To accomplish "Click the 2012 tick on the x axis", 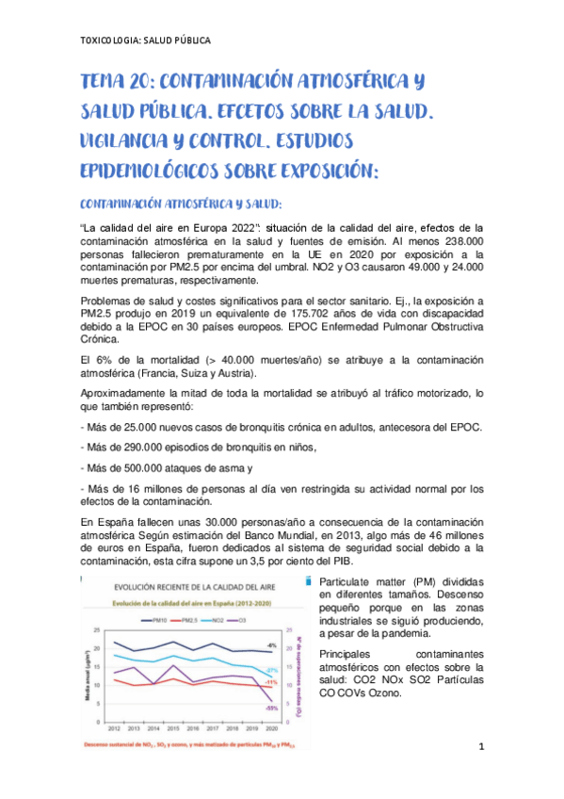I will pos(113,729).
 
